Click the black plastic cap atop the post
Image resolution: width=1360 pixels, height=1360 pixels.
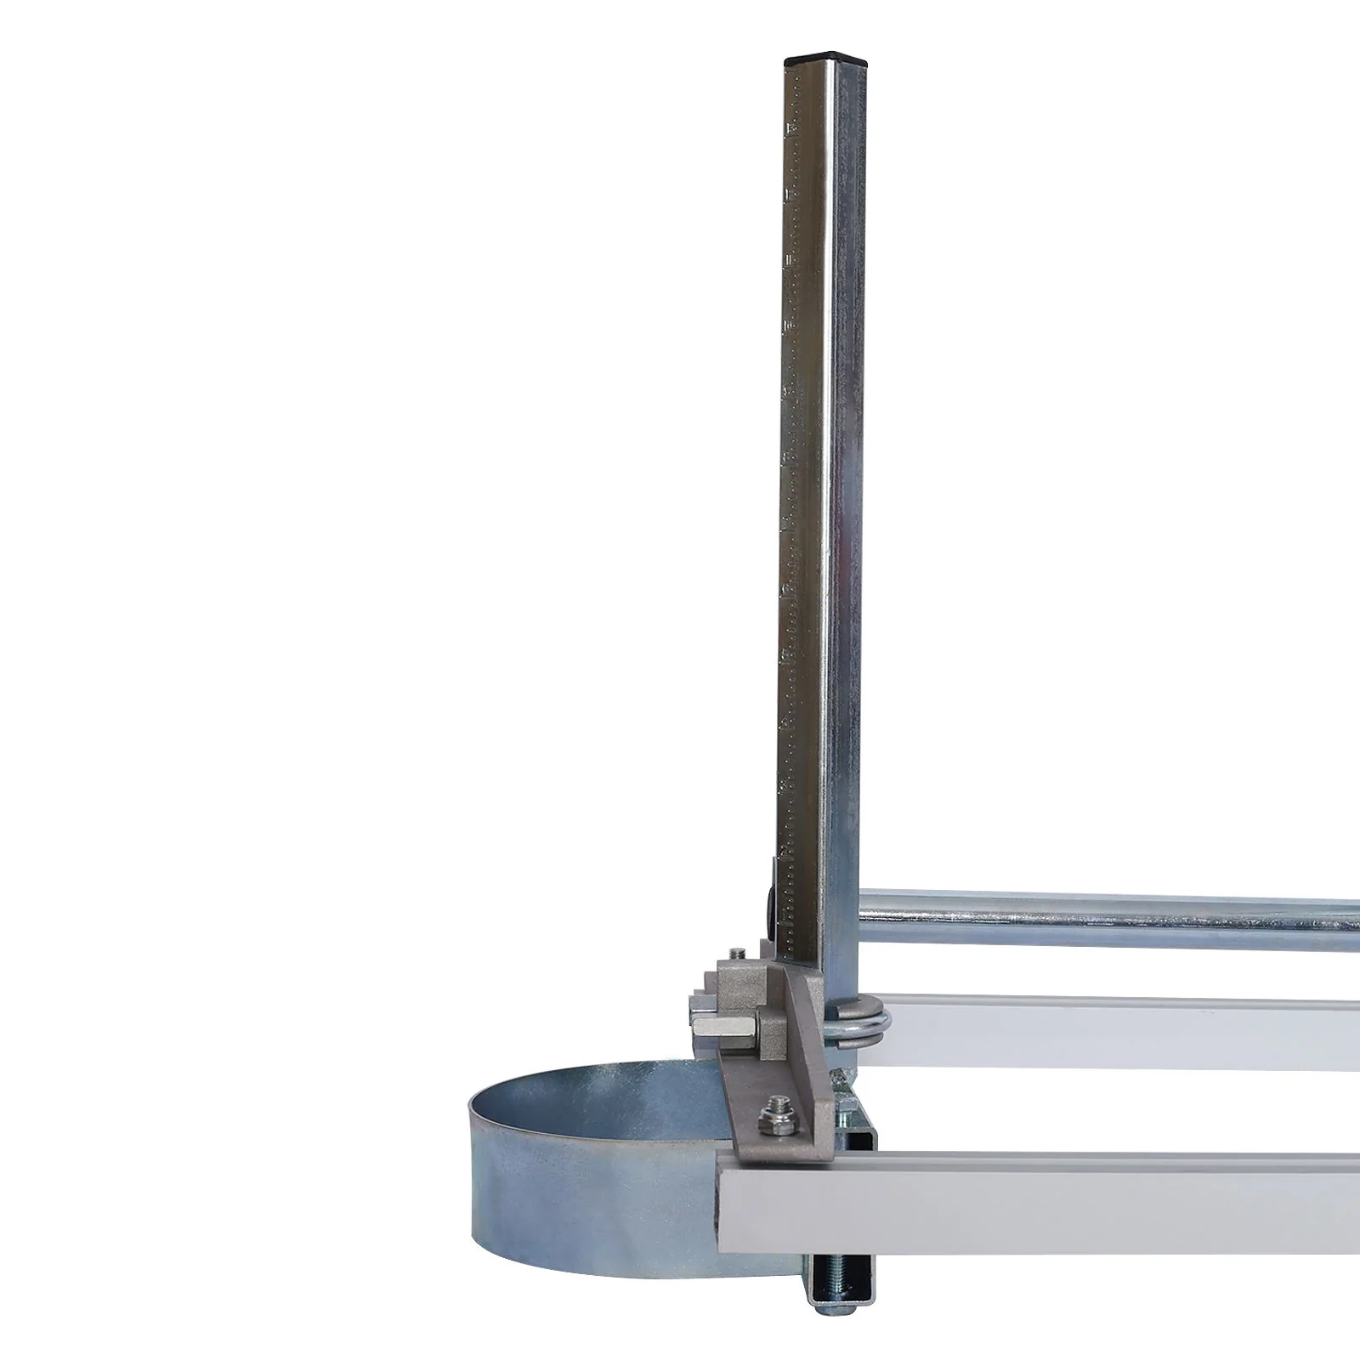point(824,62)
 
